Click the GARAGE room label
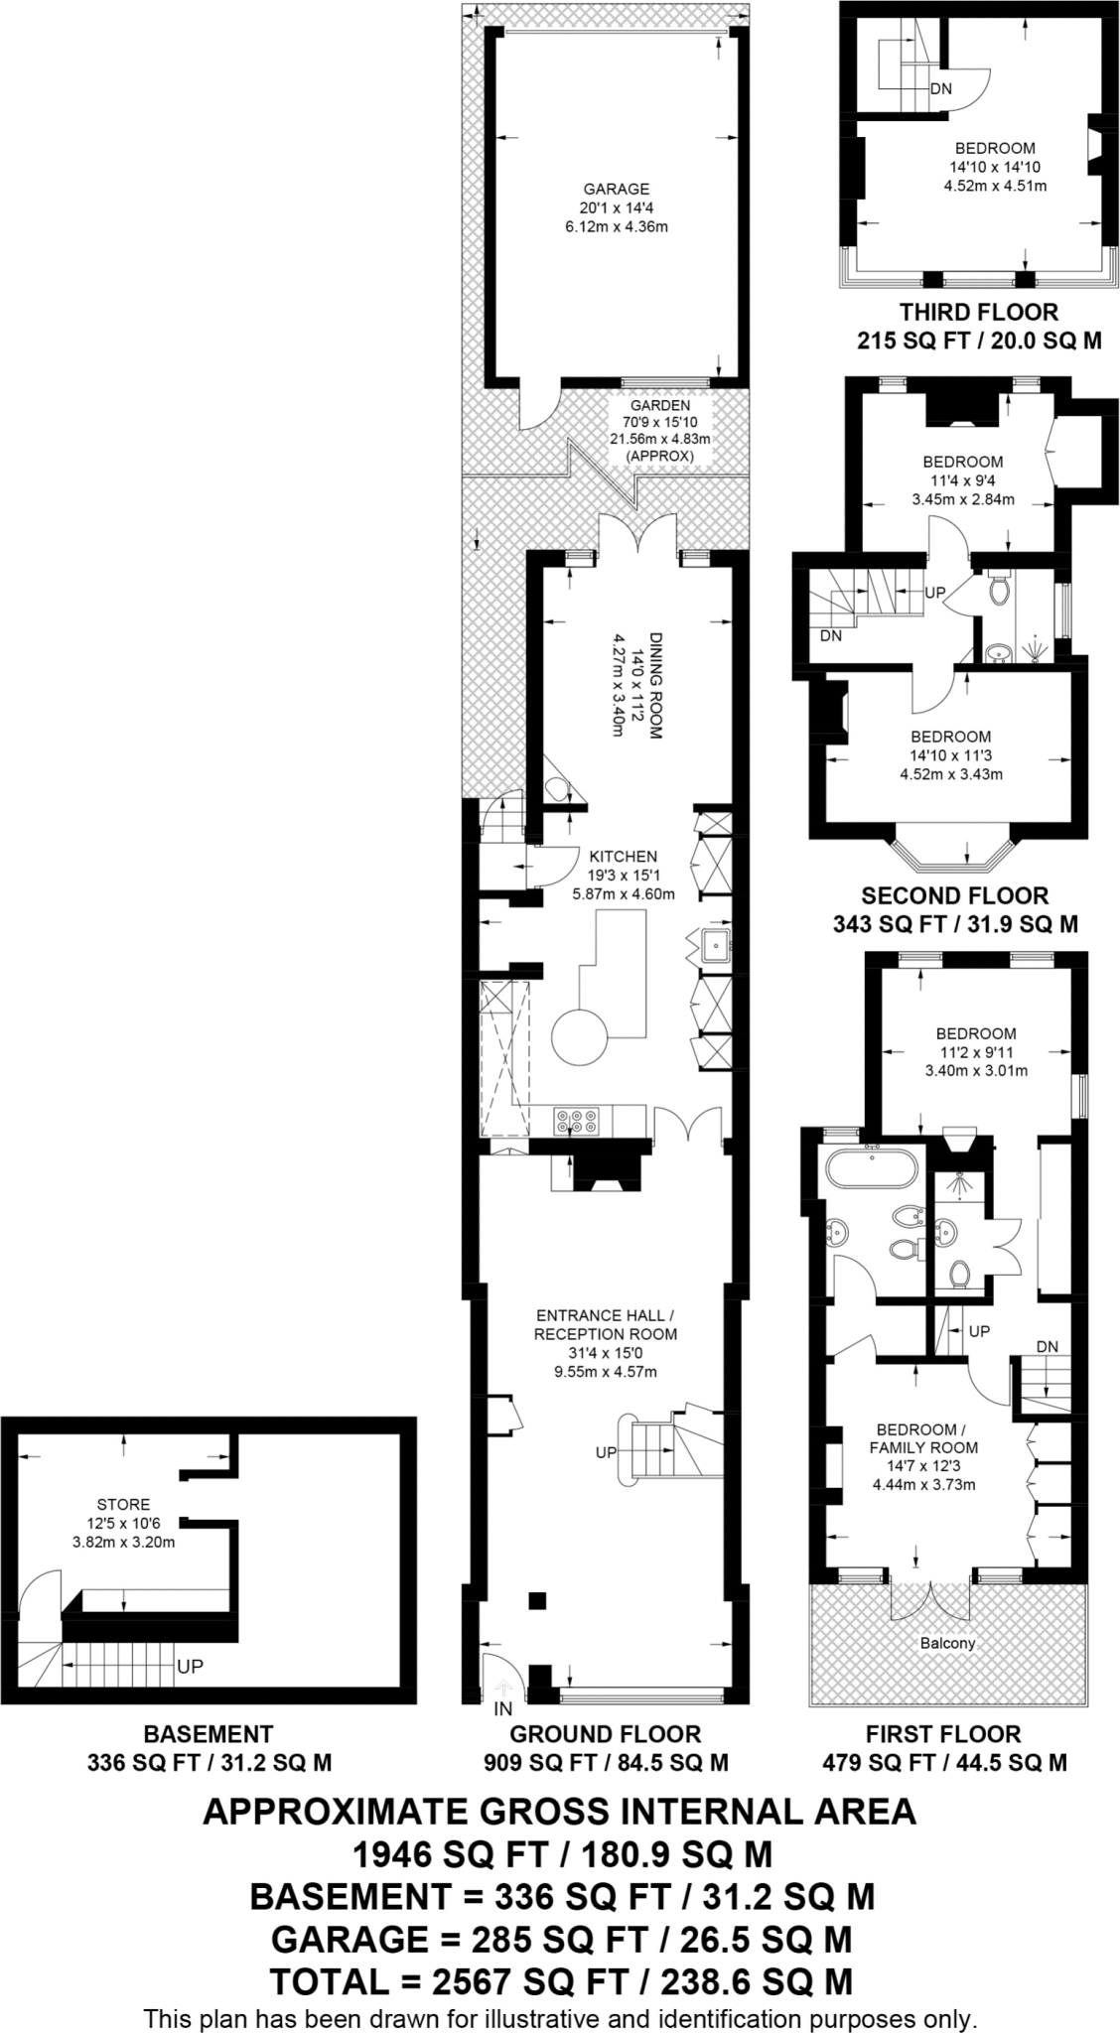pyautogui.click(x=616, y=189)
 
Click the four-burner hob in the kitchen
pyautogui.click(x=578, y=1121)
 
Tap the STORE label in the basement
pyautogui.click(x=124, y=1505)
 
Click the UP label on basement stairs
pyautogui.click(x=190, y=1667)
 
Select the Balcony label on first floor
pyautogui.click(x=947, y=1643)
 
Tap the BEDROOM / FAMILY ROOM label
pyautogui.click(x=923, y=1439)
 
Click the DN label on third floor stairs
pyautogui.click(x=941, y=89)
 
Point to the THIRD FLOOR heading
pyautogui.click(x=978, y=312)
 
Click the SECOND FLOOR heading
pyautogui.click(x=954, y=895)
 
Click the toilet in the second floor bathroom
pyautogui.click(x=999, y=593)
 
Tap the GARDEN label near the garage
pyautogui.click(x=660, y=406)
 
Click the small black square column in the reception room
pyautogui.click(x=536, y=1599)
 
